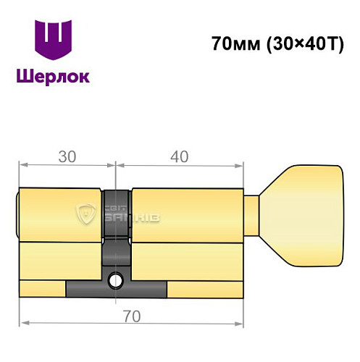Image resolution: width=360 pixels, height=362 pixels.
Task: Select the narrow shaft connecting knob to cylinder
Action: [x=252, y=215]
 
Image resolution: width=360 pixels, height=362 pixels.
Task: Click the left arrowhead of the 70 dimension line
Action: [x=23, y=321]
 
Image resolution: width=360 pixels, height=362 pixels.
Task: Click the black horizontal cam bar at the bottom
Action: [x=116, y=290]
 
